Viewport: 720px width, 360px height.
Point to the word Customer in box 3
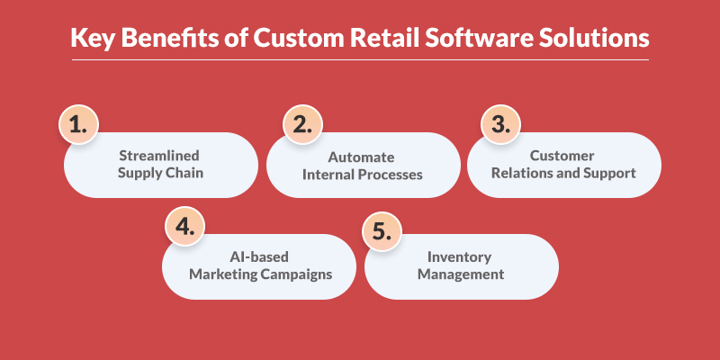click(x=564, y=157)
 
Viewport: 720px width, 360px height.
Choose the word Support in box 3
click(x=616, y=174)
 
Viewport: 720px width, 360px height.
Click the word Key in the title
click(x=93, y=40)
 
